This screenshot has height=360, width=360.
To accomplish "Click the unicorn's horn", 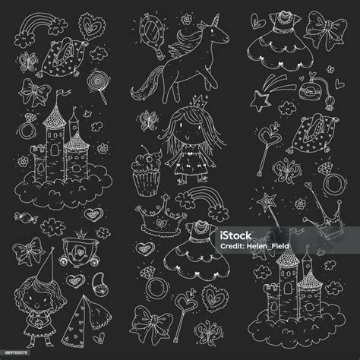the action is click(216, 21).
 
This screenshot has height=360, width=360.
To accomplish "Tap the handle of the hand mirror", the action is click(158, 50).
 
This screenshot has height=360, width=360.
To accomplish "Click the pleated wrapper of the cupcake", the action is click(147, 183).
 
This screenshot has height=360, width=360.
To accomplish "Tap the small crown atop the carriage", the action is click(81, 234).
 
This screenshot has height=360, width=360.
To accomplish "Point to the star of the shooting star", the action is click(260, 101).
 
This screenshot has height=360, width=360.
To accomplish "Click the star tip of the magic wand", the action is click(267, 202).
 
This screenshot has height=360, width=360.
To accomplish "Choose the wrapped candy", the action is click(26, 218).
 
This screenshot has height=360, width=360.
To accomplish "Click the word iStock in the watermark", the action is click(235, 236).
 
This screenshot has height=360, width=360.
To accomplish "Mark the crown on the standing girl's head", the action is click(200, 101).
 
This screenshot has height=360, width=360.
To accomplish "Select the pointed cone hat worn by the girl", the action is click(47, 266).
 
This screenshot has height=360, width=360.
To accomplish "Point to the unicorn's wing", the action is click(183, 51).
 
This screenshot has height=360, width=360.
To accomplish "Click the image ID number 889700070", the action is click(16, 352).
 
